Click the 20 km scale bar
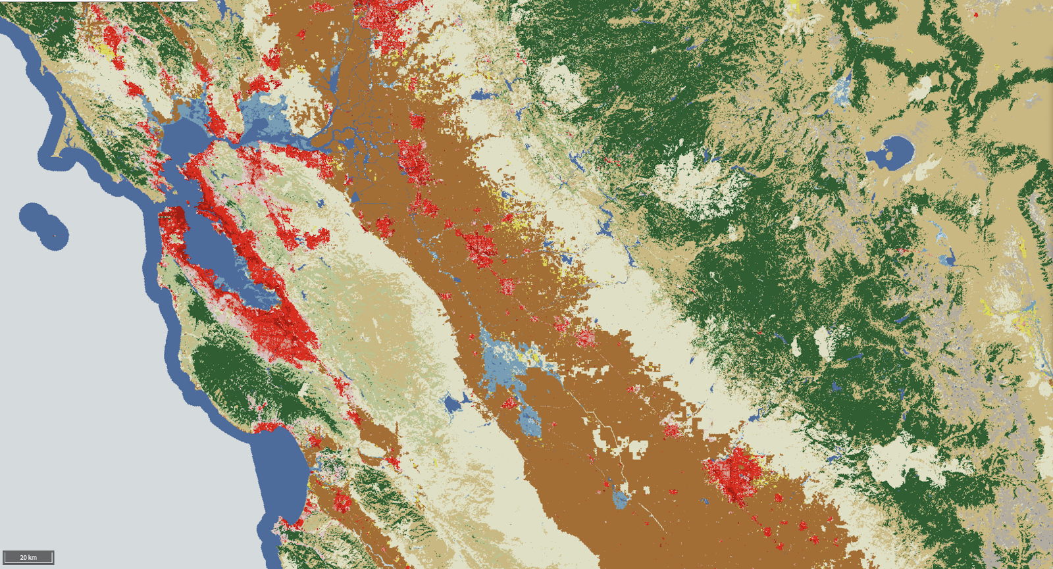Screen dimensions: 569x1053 pyautogui.click(x=28, y=557)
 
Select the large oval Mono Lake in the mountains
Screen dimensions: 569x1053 pyautogui.click(x=890, y=153)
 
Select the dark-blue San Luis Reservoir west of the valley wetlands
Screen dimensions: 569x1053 pyautogui.click(x=453, y=403)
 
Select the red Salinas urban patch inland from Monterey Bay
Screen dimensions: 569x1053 pyautogui.click(x=341, y=502)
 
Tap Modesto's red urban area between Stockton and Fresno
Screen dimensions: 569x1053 pyautogui.click(x=479, y=247)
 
